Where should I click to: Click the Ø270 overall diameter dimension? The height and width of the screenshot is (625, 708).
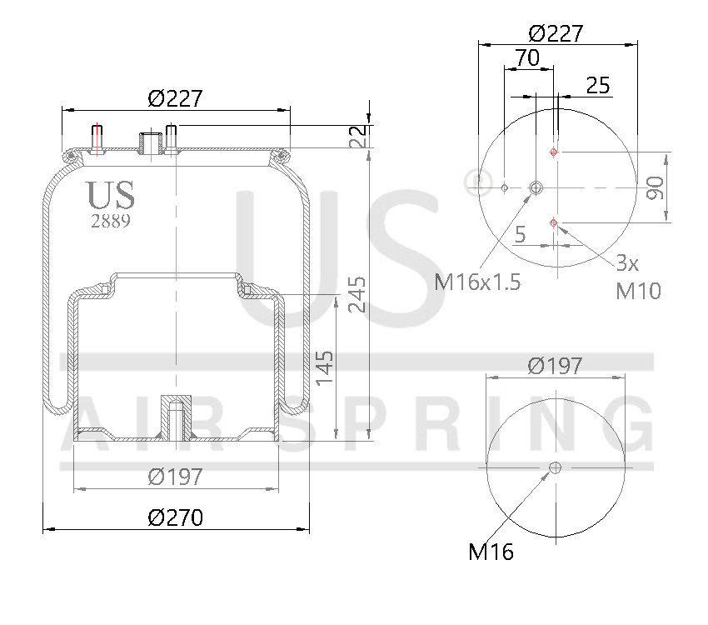click(x=175, y=517)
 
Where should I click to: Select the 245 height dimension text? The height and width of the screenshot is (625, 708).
click(x=356, y=293)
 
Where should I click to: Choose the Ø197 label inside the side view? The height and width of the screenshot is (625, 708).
click(x=175, y=477)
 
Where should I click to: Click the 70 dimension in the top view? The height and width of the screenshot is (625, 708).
click(x=526, y=57)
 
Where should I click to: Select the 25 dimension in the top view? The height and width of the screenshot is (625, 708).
click(x=597, y=85)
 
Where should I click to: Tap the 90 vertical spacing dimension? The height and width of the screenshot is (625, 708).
click(x=656, y=187)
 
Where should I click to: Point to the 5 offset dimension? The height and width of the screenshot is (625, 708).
click(x=520, y=235)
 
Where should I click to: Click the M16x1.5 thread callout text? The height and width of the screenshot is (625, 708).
click(x=478, y=282)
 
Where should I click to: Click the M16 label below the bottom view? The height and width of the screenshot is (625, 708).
click(x=491, y=551)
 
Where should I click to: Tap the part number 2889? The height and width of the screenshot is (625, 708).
click(x=109, y=221)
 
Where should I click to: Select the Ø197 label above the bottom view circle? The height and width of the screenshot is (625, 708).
click(x=556, y=365)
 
